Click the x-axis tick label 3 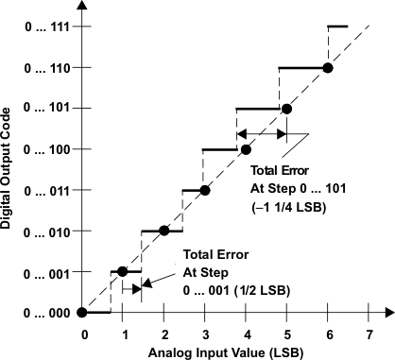pyautogui.click(x=205, y=334)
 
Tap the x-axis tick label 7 pyautogui.click(x=367, y=334)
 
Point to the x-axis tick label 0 pyautogui.click(x=84, y=334)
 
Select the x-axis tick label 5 pyautogui.click(x=286, y=334)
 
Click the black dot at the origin pyautogui.click(x=83, y=312)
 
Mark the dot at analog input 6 pyautogui.click(x=327, y=68)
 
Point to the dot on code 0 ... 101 pyautogui.click(x=286, y=109)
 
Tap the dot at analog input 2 pyautogui.click(x=164, y=231)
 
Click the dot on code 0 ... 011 pyautogui.click(x=205, y=190)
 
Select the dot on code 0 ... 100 pyautogui.click(x=246, y=149)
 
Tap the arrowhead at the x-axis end pyautogui.click(x=387, y=312)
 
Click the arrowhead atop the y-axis pyautogui.click(x=83, y=8)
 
